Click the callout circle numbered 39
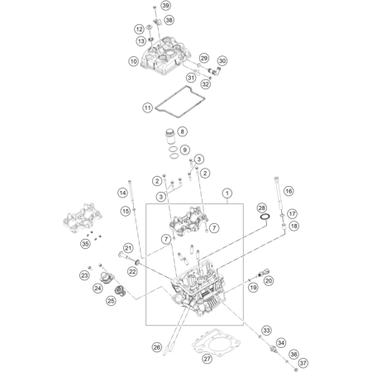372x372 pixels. pos(165,6)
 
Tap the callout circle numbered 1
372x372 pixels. pos(227,193)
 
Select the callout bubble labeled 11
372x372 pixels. pos(148,107)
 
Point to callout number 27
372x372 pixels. pos(207,359)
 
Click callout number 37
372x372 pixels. pos(303,363)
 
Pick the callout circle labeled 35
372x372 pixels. pos(86,244)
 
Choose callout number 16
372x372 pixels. pos(289,191)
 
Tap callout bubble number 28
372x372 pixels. pos(261,207)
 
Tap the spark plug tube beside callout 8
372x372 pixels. pos(170,136)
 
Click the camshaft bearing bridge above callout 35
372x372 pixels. pos(83,218)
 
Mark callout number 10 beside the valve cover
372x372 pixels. pos(134,61)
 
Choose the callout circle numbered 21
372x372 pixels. pos(128,248)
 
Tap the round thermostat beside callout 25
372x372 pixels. pos(120,291)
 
